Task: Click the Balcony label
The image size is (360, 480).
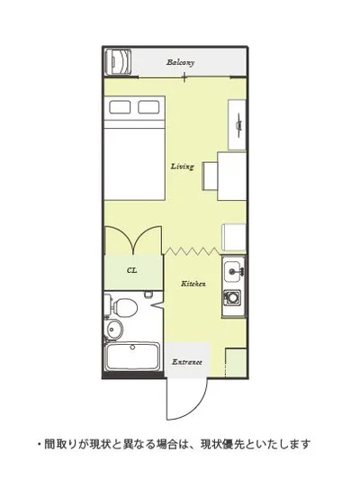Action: [x=181, y=62]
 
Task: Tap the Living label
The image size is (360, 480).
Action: [x=183, y=167]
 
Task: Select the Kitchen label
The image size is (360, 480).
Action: [x=193, y=284]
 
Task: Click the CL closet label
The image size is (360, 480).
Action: [x=131, y=270]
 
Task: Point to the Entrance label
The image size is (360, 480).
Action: [x=187, y=362]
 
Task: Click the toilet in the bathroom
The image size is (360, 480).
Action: [x=122, y=307]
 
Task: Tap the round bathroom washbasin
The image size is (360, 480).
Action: [x=113, y=330]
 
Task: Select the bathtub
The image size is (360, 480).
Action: [x=132, y=357]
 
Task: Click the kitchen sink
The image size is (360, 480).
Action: [x=234, y=271]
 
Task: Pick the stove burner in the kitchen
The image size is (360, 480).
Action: [x=232, y=297]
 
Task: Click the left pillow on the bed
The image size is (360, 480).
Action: [x=120, y=107]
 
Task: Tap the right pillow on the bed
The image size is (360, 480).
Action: [x=148, y=107]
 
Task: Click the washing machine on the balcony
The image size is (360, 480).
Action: [x=119, y=62]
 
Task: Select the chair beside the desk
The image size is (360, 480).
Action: [x=210, y=177]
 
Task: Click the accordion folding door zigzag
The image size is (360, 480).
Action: [x=192, y=251]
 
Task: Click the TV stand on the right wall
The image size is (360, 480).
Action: [x=237, y=125]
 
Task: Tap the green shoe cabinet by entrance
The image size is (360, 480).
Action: [x=236, y=363]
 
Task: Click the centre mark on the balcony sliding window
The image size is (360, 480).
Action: [x=184, y=77]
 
